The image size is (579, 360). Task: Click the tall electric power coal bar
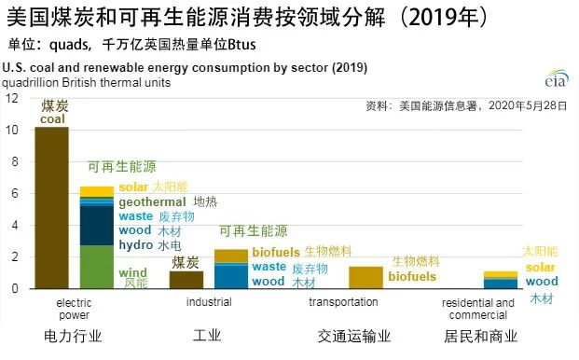point(51,207)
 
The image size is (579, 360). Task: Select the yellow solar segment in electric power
point(97,191)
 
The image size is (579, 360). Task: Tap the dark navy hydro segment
point(97,225)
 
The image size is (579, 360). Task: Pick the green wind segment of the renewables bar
point(97,267)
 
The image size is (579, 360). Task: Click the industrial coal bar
point(186,280)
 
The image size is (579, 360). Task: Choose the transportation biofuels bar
point(365,277)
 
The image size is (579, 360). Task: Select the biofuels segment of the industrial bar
point(231,256)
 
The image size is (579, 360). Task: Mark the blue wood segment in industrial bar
point(231,277)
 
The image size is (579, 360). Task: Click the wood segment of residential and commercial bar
point(501,284)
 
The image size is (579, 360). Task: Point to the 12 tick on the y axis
point(11,98)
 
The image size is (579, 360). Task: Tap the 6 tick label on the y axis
point(14,193)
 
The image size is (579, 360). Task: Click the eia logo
point(557,78)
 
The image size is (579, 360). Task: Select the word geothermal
point(152,202)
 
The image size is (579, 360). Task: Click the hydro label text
point(135,244)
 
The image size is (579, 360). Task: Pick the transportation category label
point(343,302)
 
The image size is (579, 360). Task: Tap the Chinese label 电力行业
point(73,337)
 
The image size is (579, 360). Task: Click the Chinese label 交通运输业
point(354,337)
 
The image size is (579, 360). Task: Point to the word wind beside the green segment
point(133,273)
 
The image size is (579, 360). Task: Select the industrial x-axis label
point(209,302)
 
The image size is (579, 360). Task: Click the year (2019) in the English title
point(350,67)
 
